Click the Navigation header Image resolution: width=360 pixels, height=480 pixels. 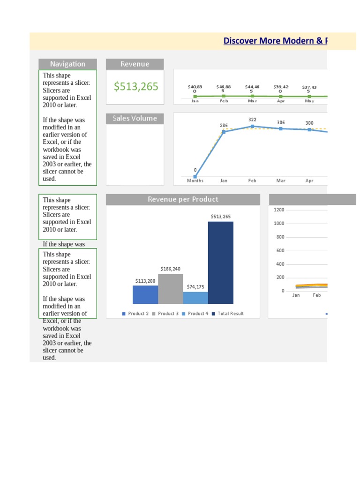pyautogui.click(x=67, y=64)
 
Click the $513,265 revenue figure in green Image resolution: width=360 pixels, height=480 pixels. pyautogui.click(x=136, y=87)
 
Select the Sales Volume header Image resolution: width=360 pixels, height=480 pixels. pyautogui.click(x=135, y=118)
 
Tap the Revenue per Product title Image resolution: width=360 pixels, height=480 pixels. pyautogui.click(x=183, y=199)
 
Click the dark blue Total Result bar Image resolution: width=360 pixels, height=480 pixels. pyautogui.click(x=221, y=262)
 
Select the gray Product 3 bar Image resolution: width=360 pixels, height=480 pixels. pyautogui.click(x=170, y=289)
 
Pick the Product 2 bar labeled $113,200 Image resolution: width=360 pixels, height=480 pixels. pyautogui.click(x=145, y=294)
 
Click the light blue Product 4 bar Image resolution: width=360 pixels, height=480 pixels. pyautogui.click(x=195, y=298)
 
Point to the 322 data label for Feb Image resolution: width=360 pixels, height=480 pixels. pyautogui.click(x=252, y=120)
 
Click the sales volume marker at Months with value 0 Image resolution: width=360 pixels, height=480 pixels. pyautogui.click(x=195, y=177)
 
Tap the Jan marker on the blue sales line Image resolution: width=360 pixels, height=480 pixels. pyautogui.click(x=224, y=132)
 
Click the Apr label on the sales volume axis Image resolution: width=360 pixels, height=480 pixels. pyautogui.click(x=309, y=181)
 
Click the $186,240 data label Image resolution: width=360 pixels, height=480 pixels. pyautogui.click(x=170, y=269)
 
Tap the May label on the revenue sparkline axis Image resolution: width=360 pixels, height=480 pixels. pyautogui.click(x=309, y=101)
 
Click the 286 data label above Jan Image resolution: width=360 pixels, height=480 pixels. pyautogui.click(x=224, y=126)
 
